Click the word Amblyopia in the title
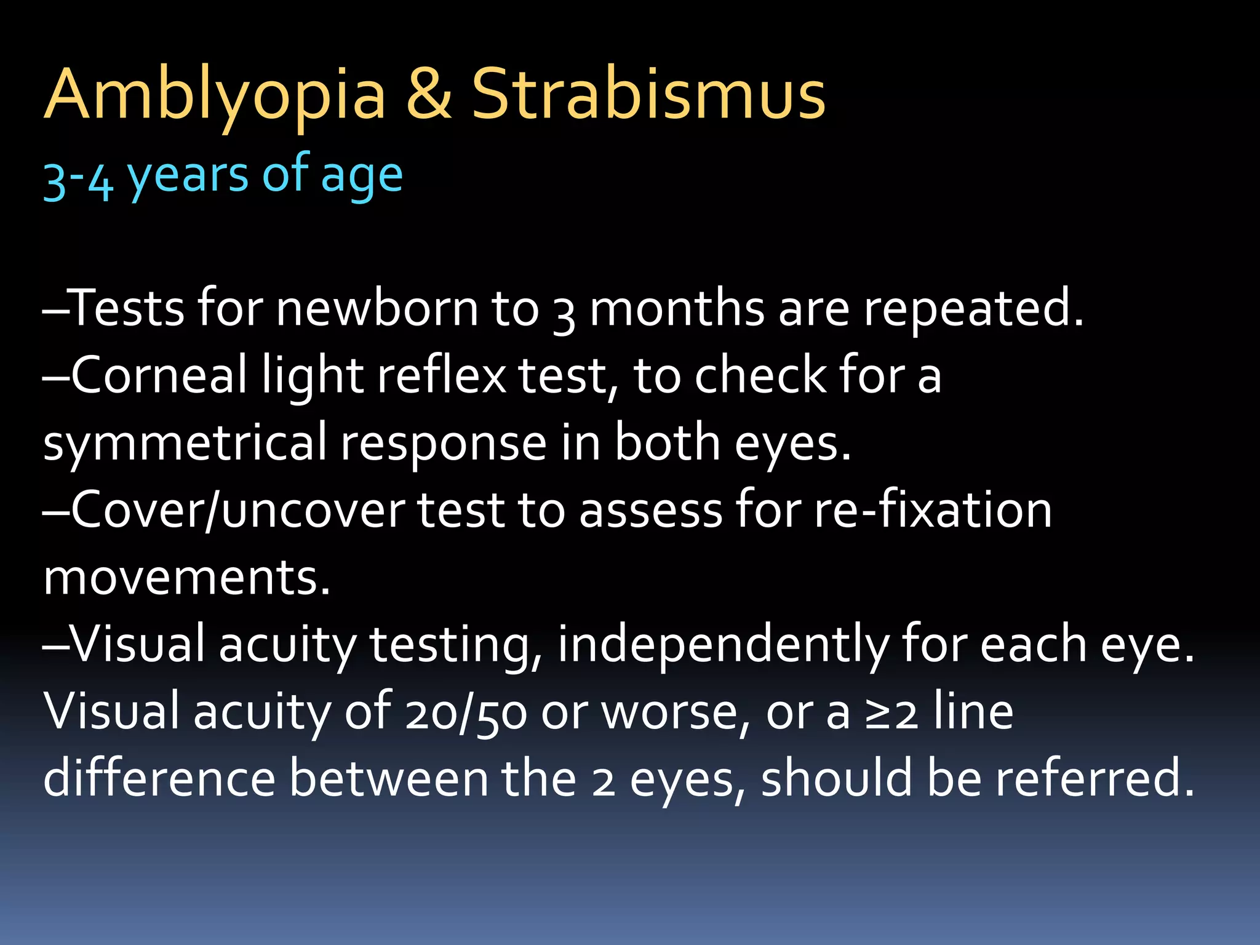point(215,95)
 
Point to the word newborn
point(377,308)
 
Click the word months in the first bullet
point(677,308)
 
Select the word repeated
point(972,308)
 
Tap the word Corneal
point(159,375)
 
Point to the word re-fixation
point(933,510)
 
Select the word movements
point(186,578)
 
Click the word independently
point(722,645)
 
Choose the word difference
point(159,779)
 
